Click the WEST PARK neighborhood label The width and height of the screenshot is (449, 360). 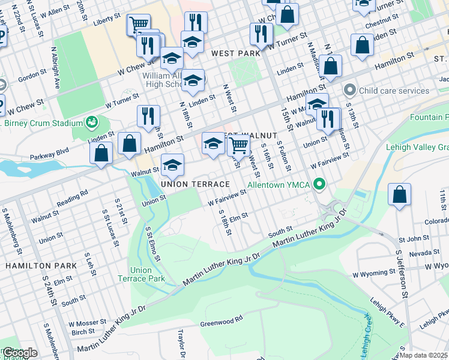coord(236,53)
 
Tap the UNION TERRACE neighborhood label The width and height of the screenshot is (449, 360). coord(195,184)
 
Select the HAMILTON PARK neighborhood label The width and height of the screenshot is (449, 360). coord(41,265)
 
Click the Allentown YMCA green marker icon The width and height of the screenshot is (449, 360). coord(320,184)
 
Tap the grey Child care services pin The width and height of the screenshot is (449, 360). coord(351,91)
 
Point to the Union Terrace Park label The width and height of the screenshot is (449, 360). coord(147,274)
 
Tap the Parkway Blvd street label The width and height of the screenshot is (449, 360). coord(50,153)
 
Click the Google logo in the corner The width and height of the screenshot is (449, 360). coord(20,353)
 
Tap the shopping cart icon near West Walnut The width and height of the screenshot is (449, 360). coord(239,145)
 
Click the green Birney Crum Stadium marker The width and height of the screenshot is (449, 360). coord(92,123)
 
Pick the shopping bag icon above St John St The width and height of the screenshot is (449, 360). coord(399,194)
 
